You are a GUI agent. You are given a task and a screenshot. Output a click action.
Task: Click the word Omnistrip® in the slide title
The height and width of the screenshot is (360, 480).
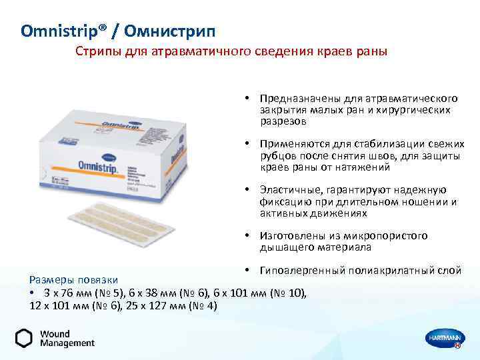coord(56,31)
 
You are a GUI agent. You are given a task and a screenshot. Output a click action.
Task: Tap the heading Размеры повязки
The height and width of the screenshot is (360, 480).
coord(74,280)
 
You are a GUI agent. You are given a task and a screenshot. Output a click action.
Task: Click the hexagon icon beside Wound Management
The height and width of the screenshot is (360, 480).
coord(24,338)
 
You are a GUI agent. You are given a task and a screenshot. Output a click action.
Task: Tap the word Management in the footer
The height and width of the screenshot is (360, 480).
coord(67,343)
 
